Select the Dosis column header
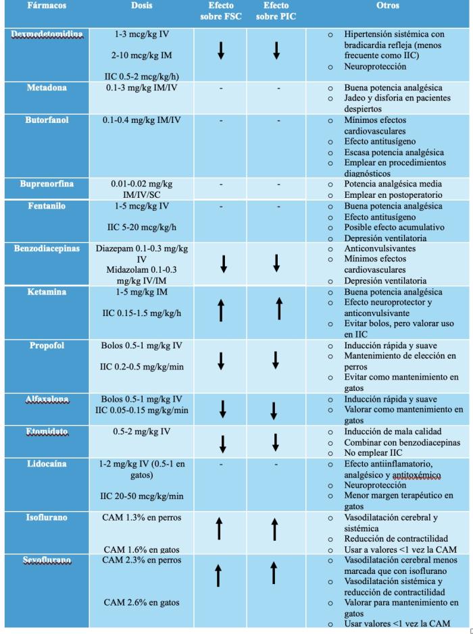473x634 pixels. [141, 5]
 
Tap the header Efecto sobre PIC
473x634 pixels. [276, 11]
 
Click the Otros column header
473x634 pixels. [387, 5]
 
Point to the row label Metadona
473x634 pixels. [46, 88]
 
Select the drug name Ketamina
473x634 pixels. [46, 292]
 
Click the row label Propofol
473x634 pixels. [46, 346]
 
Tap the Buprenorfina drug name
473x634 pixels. [46, 184]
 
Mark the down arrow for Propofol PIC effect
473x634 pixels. [276, 361]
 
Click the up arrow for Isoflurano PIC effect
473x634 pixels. [276, 530]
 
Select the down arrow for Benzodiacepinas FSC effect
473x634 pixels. [223, 265]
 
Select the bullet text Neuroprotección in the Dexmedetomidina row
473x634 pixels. [375, 67]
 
